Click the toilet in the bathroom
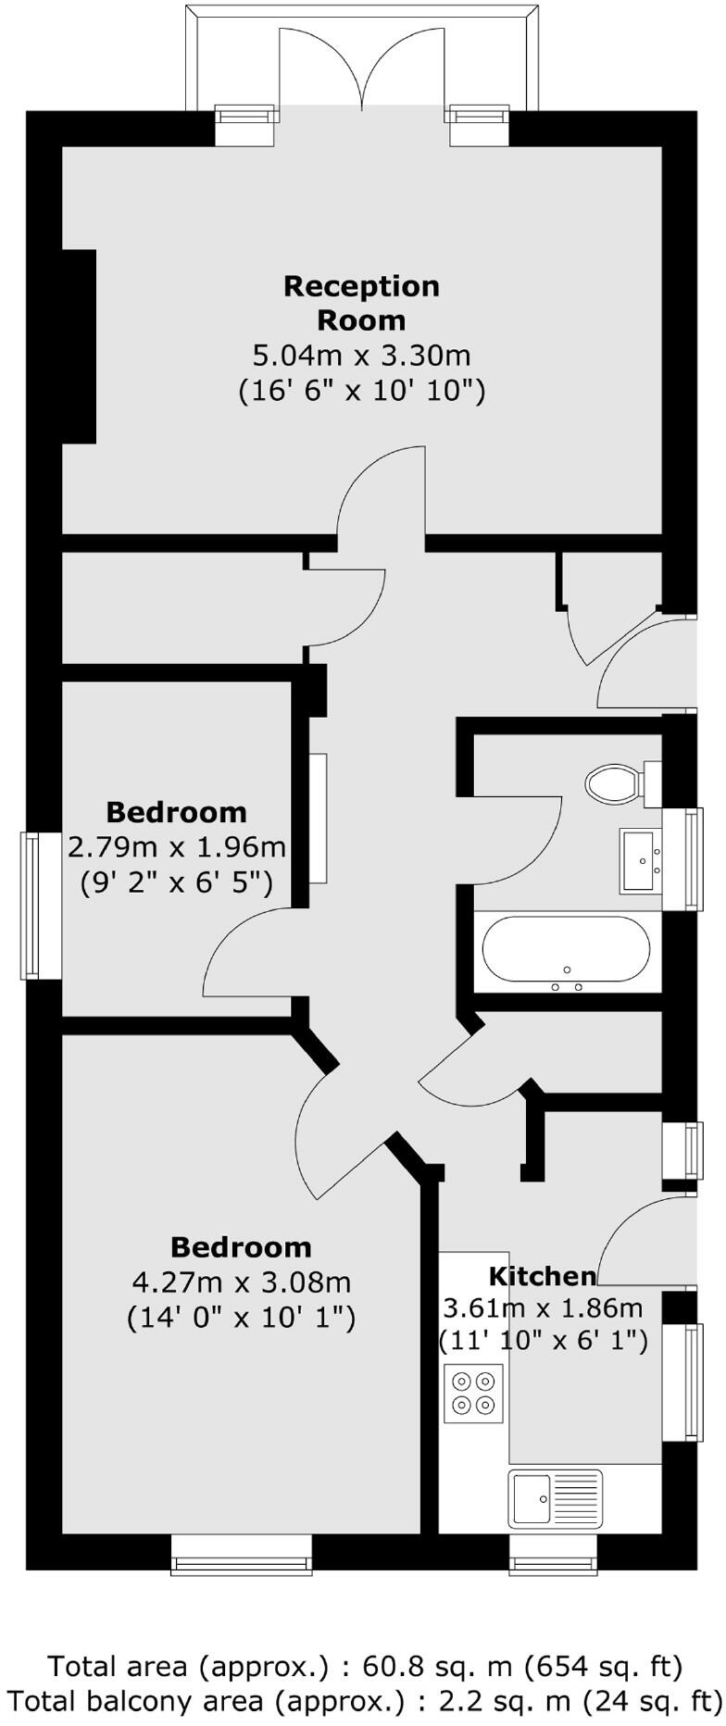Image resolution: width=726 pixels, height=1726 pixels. pos(613,784)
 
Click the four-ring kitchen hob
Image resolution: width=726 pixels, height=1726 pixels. pos(473,1394)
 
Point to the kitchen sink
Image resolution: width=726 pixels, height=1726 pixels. pos(555,1497)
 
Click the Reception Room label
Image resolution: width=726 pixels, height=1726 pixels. pos(361,303)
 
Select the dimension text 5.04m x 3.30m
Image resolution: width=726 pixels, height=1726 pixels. pos(361,355)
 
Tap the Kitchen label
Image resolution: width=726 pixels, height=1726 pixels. pos(542,1276)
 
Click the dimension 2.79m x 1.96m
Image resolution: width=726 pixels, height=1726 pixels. pos(177,846)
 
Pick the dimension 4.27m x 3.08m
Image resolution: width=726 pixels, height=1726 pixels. pos(242,1282)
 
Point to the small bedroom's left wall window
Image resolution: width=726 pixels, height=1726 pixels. pos(31,905)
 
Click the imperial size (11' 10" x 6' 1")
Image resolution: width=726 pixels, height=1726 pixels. pos(543,1340)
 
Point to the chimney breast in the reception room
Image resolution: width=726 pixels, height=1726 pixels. pos(80,345)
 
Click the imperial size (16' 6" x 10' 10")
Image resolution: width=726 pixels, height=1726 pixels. pos(361,390)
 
